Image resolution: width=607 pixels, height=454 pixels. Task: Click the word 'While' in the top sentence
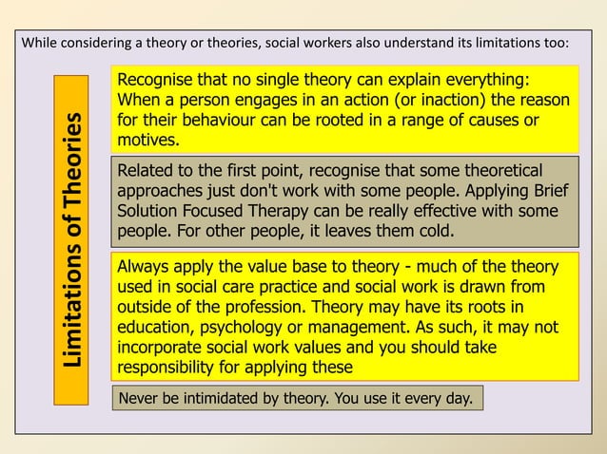[x=38, y=44]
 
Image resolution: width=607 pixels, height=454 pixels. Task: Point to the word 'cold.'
[x=434, y=231]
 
